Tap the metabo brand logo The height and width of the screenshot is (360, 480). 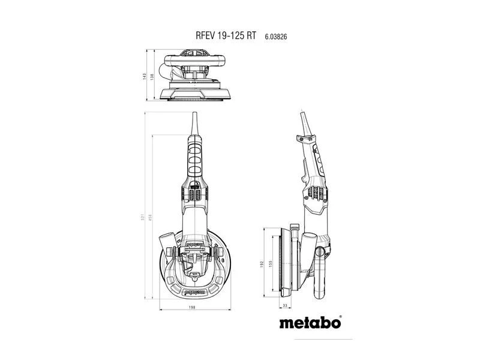pyautogui.click(x=310, y=323)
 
